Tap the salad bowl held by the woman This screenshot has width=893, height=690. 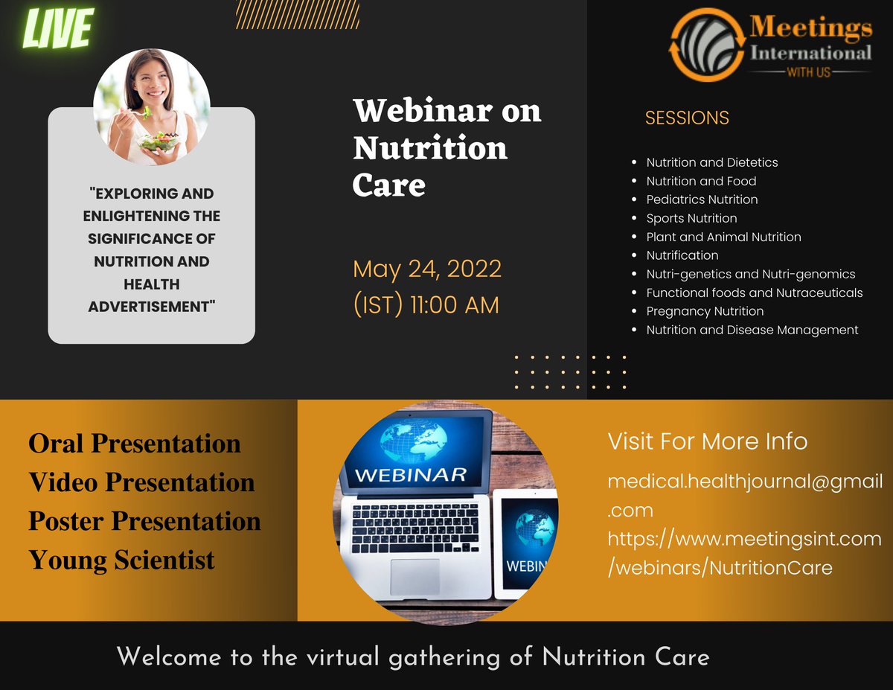[158, 141]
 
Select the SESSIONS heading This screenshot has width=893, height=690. [687, 118]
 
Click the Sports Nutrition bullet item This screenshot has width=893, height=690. [691, 218]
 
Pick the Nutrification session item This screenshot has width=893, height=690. [682, 255]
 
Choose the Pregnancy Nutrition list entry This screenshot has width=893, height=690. [705, 311]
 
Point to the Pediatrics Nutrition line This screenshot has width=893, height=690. [702, 199]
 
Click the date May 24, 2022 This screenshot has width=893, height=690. [427, 269]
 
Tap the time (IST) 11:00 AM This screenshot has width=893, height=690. [426, 304]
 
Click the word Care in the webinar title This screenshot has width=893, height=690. [388, 185]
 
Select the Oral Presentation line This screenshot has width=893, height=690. [135, 444]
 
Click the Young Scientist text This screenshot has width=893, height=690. [121, 560]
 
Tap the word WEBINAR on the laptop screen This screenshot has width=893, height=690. [410, 474]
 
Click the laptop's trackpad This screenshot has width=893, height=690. [415, 576]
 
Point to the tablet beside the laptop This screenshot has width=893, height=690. [525, 543]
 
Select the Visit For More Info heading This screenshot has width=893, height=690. [707, 441]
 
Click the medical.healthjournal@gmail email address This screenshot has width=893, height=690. [745, 482]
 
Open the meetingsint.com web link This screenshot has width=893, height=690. [744, 539]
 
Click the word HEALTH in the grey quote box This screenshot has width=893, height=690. [151, 284]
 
